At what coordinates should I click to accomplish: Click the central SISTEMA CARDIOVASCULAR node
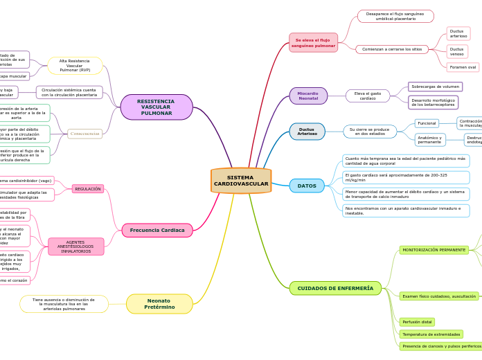click(x=241, y=181)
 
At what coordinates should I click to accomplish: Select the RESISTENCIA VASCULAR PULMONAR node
click(x=157, y=107)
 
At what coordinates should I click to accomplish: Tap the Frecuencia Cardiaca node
click(x=157, y=230)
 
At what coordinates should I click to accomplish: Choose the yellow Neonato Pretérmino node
click(x=159, y=304)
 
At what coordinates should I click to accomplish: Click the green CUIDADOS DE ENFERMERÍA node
click(x=335, y=288)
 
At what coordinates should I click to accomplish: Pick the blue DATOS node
click(x=307, y=186)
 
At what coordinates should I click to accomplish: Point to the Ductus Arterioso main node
click(x=307, y=132)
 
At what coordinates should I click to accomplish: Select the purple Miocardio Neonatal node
click(x=308, y=96)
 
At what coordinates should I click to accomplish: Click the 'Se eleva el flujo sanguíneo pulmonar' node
click(x=314, y=43)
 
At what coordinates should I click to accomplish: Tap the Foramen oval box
click(x=463, y=67)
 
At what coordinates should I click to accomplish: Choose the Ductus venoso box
click(x=457, y=51)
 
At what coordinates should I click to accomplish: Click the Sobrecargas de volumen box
click(x=435, y=87)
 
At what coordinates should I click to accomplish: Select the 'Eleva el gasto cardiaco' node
click(x=368, y=96)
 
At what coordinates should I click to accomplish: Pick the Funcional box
click(x=427, y=123)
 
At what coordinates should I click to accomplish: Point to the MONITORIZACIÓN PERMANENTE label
click(x=434, y=250)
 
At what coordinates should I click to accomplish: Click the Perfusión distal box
click(x=417, y=322)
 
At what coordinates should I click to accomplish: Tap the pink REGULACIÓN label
click(x=88, y=189)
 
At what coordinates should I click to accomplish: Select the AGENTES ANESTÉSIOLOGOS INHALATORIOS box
click(x=76, y=246)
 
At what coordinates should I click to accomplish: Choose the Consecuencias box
click(x=85, y=134)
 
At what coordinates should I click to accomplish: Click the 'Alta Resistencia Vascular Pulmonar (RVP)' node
click(x=75, y=66)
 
